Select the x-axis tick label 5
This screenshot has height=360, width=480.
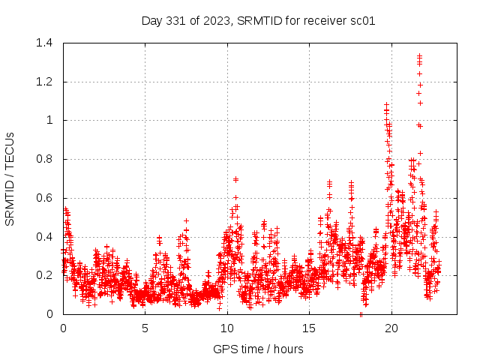145,328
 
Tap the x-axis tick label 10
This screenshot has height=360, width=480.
226,328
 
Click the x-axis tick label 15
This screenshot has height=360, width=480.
309,328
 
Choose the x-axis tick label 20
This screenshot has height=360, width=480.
391,328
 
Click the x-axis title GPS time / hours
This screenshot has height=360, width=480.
258,349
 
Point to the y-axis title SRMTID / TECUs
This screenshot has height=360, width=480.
10,178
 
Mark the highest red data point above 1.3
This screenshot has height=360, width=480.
419,55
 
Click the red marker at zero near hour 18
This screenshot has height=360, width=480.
361,314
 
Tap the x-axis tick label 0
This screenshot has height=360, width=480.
63,328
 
